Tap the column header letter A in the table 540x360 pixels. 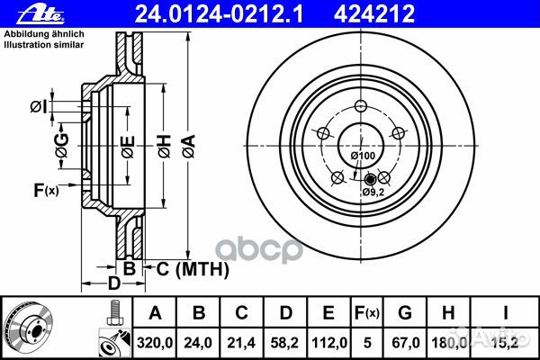pos(155,313)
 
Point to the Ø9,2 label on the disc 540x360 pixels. pos(373,192)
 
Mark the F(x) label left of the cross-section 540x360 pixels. pos(45,190)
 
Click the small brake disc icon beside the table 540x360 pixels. pos(32,328)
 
